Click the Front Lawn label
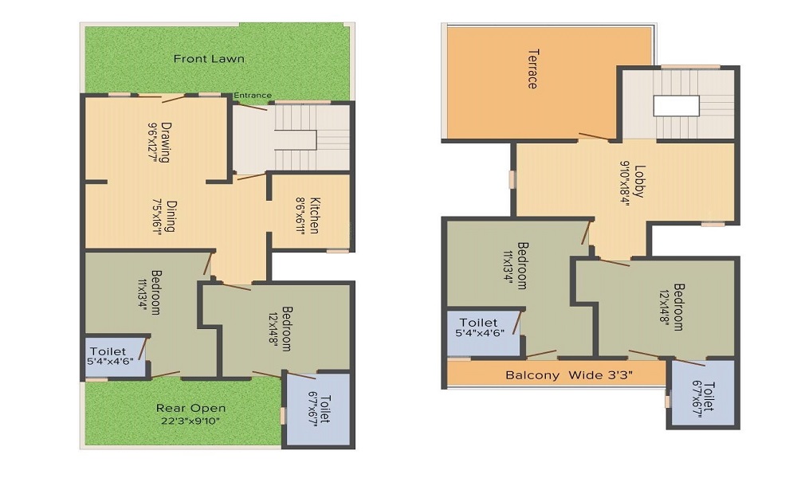coord(209,59)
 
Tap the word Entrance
coord(252,96)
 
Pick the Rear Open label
coord(190,409)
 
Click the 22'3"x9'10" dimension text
coord(191,421)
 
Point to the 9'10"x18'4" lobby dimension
coord(626,183)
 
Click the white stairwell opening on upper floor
coord(676,106)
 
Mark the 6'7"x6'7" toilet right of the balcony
coord(701,394)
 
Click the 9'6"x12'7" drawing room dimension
coord(152,142)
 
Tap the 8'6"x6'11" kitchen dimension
coord(300,215)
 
